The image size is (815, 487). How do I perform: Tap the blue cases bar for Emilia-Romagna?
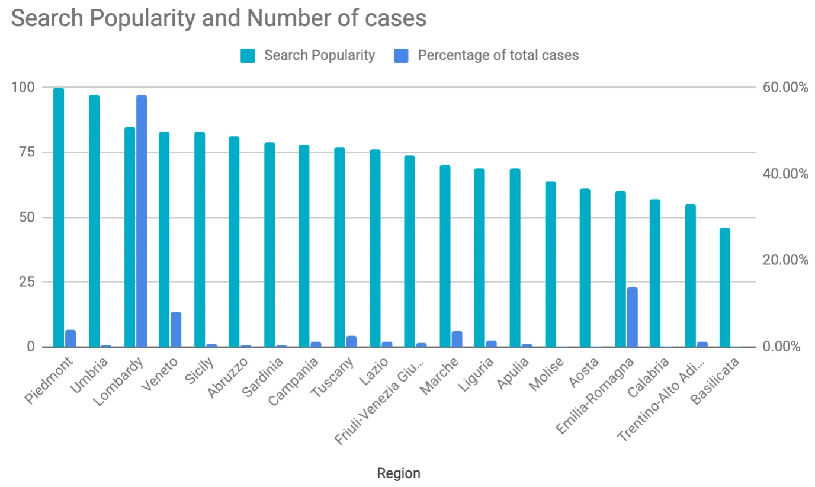tap(632, 317)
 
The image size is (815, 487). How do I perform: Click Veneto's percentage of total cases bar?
tap(176, 329)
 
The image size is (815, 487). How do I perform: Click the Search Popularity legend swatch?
tap(248, 56)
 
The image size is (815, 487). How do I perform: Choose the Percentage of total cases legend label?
tap(498, 56)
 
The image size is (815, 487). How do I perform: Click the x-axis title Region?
tap(399, 473)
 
